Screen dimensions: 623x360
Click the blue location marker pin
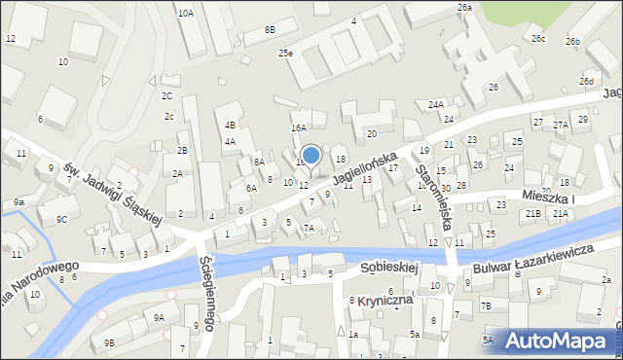[x=311, y=157]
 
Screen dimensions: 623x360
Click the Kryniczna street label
[x=386, y=300]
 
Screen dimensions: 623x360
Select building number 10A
[x=185, y=14]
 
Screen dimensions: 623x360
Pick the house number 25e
[x=285, y=54]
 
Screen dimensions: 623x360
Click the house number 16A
[x=299, y=127]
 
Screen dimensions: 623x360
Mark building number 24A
[x=435, y=104]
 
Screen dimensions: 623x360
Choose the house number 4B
[x=230, y=125]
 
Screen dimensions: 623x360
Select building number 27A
[x=561, y=126]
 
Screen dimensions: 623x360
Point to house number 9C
[x=61, y=219]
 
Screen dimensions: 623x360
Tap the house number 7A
[x=308, y=228]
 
